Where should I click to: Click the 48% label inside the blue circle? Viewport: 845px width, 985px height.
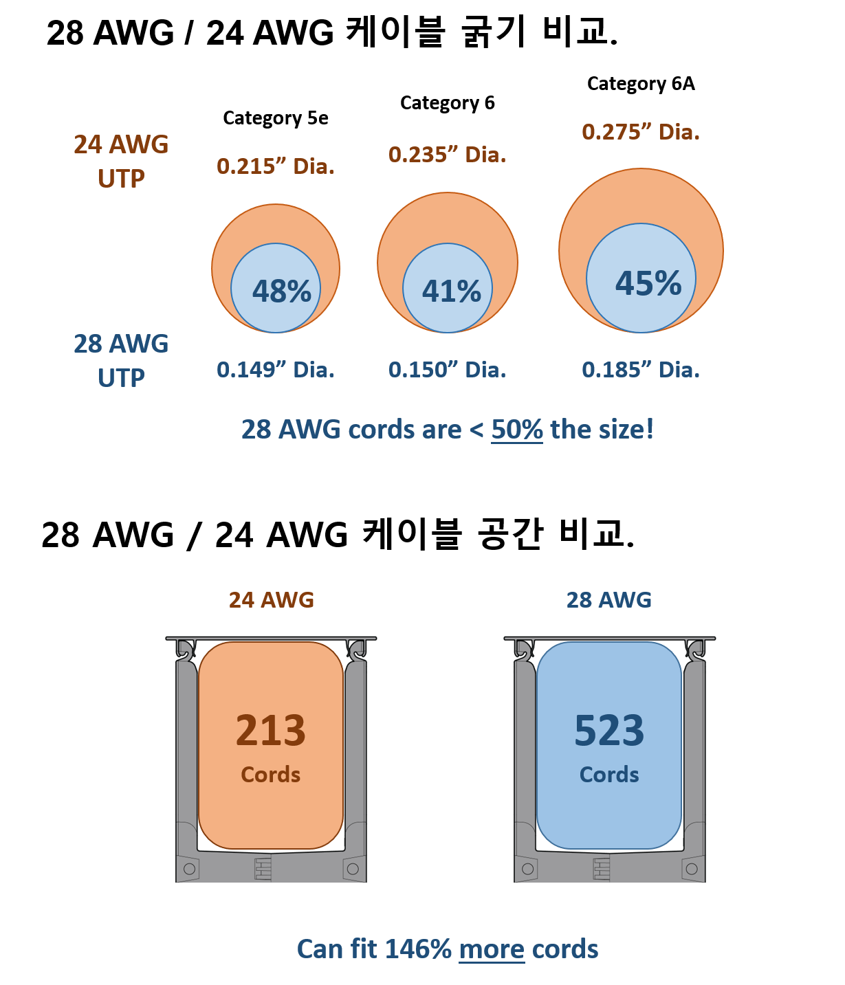282,291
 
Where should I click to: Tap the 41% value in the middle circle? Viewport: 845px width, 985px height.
451,291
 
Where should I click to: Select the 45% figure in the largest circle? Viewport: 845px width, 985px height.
648,283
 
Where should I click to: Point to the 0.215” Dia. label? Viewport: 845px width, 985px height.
275,166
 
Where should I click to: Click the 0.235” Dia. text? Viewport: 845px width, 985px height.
447,155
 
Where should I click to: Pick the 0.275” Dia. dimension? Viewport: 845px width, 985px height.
641,132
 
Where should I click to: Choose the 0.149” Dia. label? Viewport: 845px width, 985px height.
275,370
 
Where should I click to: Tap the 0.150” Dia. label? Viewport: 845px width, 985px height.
447,370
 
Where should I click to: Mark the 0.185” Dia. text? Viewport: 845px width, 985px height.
641,370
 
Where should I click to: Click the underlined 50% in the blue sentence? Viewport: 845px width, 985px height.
517,430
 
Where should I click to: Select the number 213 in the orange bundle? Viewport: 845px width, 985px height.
270,730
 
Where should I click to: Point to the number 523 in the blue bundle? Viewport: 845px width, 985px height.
609,730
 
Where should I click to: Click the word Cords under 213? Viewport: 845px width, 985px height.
270,775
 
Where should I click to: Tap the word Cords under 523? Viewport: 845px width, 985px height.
609,775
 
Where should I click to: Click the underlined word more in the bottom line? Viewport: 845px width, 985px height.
492,949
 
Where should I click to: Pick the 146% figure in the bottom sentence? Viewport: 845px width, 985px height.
417,949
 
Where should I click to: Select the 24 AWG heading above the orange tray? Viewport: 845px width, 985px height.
271,600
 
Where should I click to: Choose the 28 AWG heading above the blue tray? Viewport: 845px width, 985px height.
608,600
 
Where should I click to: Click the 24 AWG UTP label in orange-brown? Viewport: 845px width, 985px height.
121,162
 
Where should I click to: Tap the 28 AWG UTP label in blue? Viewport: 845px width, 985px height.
121,361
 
